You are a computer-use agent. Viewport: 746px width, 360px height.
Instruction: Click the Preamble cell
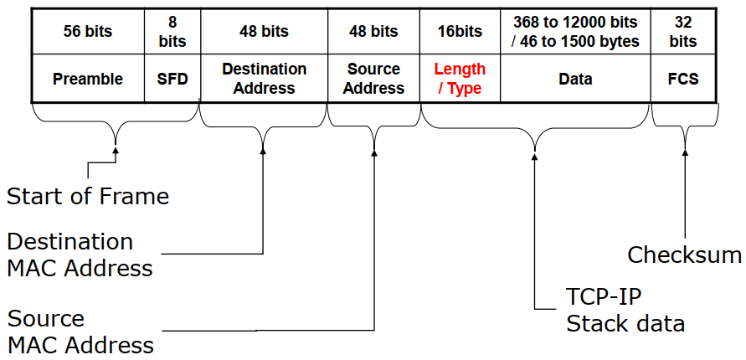(88, 78)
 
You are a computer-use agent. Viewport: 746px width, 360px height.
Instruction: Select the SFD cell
(172, 78)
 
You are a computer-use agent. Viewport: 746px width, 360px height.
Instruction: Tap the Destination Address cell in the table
(264, 78)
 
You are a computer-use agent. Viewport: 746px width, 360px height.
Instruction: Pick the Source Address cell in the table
(373, 78)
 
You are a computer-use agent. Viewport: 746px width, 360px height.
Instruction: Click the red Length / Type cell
(460, 78)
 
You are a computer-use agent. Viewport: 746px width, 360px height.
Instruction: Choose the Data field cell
(576, 78)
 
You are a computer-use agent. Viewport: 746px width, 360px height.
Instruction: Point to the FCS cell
(683, 78)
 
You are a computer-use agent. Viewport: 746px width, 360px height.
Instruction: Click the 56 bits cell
(88, 31)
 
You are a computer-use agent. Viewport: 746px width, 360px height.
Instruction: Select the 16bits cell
(460, 31)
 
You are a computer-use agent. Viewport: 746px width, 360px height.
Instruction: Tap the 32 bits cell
(683, 31)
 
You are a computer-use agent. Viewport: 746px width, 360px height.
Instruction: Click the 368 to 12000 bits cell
(576, 31)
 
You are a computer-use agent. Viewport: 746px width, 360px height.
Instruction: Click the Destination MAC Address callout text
(80, 255)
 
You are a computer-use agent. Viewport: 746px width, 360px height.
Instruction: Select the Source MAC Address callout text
(80, 331)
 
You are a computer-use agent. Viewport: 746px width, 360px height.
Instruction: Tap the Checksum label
(685, 255)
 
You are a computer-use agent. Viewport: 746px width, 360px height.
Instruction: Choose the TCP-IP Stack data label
(625, 311)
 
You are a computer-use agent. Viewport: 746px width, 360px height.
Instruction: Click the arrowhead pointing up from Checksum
(685, 152)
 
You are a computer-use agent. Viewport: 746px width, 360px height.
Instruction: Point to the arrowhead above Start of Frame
(116, 150)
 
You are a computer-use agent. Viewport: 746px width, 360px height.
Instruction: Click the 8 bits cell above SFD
(172, 31)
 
